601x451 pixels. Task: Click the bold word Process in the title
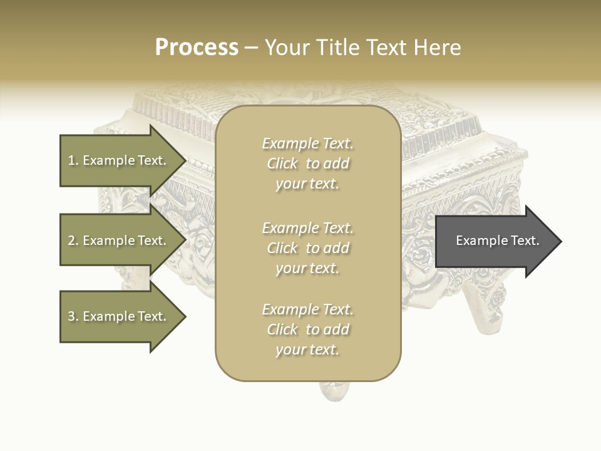197,48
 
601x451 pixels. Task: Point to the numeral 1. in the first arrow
73,160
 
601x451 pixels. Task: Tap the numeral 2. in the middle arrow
73,241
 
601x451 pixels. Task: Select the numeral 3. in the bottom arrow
73,316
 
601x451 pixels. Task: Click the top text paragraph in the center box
307,163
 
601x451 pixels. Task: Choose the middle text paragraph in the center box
307,248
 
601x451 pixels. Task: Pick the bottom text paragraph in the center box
307,329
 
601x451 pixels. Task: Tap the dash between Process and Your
251,48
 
